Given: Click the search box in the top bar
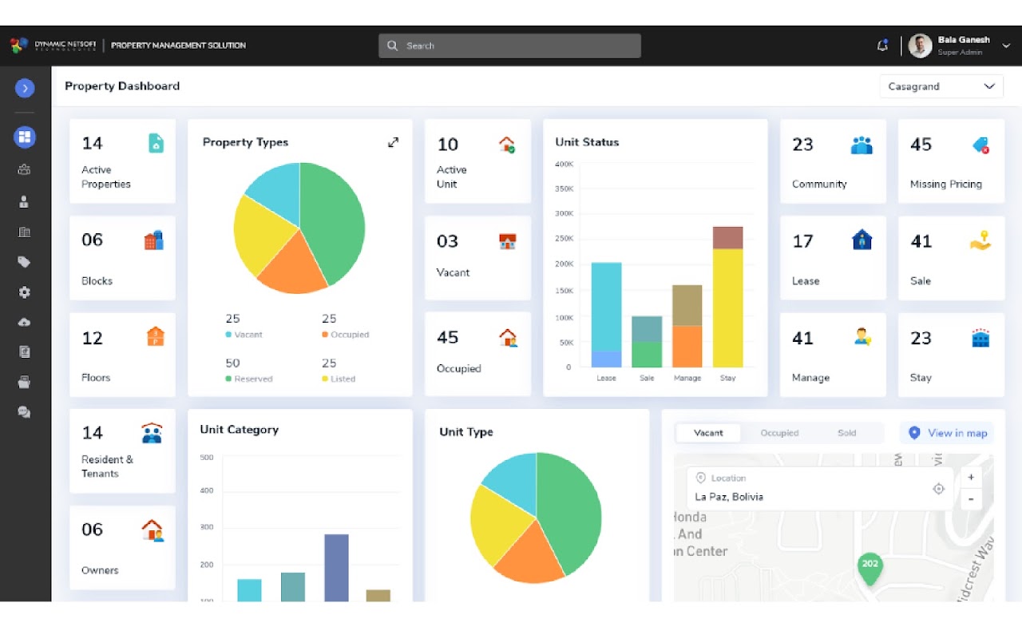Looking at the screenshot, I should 509,46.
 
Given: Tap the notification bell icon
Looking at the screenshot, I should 882,46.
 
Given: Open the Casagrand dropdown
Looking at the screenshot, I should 941,86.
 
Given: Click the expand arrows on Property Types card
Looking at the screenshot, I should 393,142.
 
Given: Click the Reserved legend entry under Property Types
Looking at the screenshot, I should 249,379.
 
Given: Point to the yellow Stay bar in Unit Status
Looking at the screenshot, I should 727,308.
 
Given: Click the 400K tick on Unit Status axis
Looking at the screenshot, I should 564,164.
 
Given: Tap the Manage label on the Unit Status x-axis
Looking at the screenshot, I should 687,378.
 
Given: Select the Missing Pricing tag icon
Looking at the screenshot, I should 980,145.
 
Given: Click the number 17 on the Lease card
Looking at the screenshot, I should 802,240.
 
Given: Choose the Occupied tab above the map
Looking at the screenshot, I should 779,433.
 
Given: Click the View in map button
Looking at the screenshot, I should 948,433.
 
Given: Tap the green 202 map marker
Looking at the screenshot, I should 869,566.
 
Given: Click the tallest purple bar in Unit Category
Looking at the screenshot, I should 336,567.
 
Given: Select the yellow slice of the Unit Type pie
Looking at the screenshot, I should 501,522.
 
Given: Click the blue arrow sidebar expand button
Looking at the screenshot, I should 25,88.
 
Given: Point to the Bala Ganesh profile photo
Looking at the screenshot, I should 920,46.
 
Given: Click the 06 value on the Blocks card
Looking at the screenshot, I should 93,240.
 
